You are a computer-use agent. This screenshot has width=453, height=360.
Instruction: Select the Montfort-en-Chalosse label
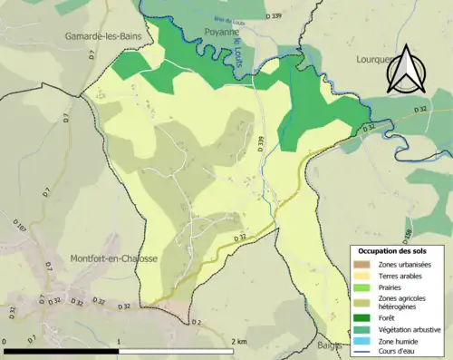click(x=113, y=258)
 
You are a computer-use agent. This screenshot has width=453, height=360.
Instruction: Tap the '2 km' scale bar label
click(x=237, y=341)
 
